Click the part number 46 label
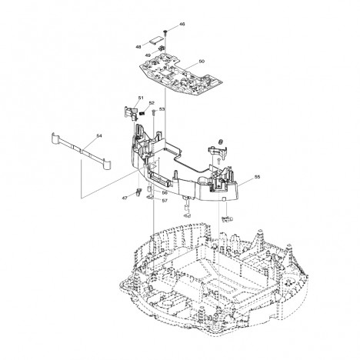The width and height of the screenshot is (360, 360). (x=182, y=24)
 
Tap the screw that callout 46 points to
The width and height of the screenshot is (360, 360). (x=165, y=32)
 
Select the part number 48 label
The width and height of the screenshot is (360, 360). (x=138, y=47)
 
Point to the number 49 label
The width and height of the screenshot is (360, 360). (x=148, y=55)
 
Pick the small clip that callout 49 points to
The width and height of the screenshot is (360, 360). (x=161, y=48)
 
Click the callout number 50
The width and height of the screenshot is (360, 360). (x=202, y=62)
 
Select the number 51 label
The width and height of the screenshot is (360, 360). (x=141, y=98)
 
